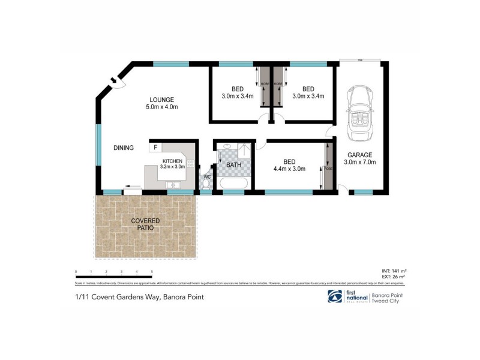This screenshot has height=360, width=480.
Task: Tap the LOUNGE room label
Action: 162,100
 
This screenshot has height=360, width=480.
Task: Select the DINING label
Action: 124,148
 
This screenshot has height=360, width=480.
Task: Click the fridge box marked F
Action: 155,147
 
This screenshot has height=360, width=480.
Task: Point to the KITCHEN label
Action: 172,161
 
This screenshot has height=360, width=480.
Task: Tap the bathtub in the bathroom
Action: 231,184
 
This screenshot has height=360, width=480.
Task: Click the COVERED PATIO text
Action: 145,225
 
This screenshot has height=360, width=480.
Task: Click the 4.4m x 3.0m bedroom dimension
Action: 289,169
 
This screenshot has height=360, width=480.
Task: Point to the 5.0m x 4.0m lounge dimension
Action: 162,107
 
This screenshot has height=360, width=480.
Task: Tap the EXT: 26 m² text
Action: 394,277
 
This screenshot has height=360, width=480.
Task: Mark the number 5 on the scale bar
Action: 152,272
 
